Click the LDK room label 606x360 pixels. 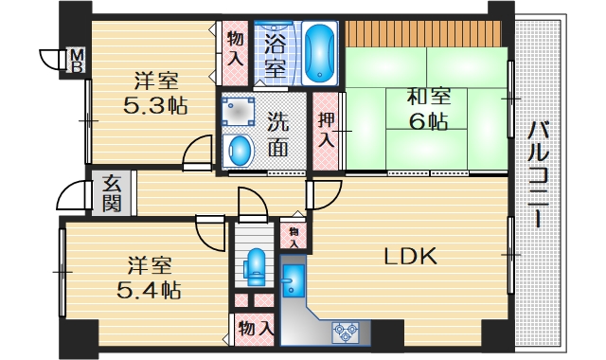[410, 256]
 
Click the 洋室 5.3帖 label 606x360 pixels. [152, 93]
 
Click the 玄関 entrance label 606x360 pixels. [112, 193]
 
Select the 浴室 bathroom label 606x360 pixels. [276, 55]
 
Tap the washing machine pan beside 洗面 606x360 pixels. [238, 112]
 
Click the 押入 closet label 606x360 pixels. [326, 130]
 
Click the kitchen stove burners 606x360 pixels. [345, 332]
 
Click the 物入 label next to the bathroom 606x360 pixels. [234, 46]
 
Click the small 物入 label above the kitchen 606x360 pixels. [294, 238]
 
